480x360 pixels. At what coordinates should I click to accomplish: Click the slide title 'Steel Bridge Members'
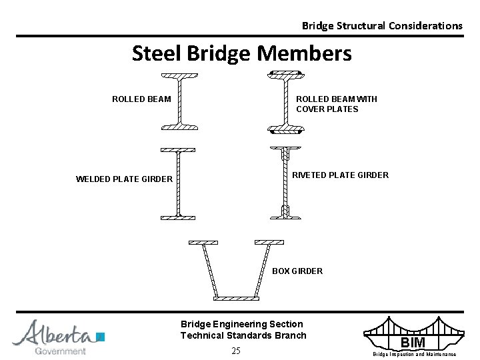[241, 53]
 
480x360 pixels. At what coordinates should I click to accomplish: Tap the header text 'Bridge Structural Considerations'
[381, 25]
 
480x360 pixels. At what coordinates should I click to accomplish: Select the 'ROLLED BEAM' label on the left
[141, 99]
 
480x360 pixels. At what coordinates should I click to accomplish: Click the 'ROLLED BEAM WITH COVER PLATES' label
[336, 104]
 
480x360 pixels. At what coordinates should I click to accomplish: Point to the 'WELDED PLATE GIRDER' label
[124, 179]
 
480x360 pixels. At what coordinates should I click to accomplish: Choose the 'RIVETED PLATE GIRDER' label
[340, 175]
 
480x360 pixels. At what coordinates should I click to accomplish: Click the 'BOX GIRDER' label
[297, 271]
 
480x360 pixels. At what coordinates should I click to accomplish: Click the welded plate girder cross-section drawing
[177, 183]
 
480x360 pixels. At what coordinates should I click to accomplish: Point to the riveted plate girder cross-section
[285, 183]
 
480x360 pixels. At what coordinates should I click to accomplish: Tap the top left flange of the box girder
[203, 242]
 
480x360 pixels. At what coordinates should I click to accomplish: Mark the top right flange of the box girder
[269, 242]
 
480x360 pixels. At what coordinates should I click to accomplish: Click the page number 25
[235, 351]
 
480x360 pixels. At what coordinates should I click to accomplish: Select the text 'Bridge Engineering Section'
[241, 324]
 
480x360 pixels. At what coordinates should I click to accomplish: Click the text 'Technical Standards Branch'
[243, 335]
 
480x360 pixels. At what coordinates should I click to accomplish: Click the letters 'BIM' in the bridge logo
[413, 343]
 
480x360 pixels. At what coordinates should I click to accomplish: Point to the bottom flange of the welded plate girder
[177, 217]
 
